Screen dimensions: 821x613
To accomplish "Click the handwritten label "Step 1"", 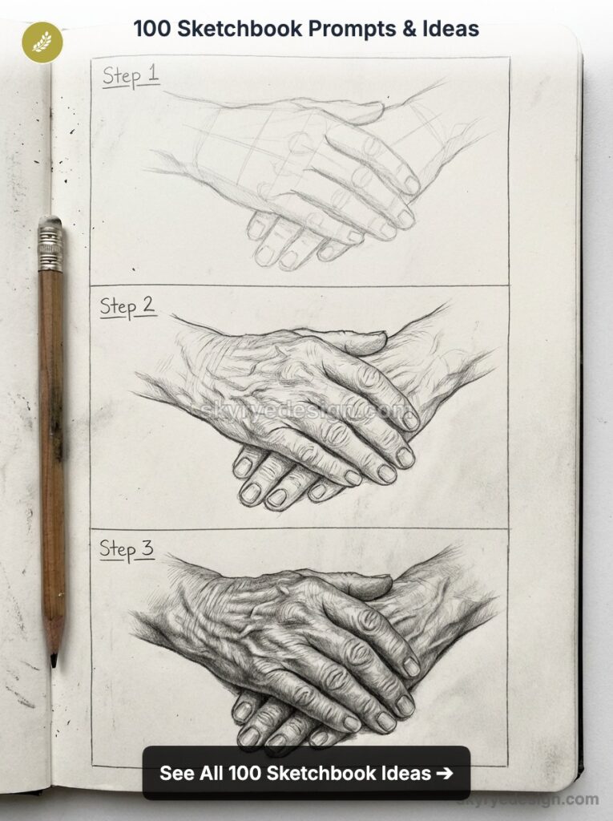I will [130, 76].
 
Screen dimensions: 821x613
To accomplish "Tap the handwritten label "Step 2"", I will [127, 306].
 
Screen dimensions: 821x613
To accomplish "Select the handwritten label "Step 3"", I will [127, 550].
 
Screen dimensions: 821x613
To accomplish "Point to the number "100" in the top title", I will [151, 29].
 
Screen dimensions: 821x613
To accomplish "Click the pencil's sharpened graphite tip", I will [54, 660].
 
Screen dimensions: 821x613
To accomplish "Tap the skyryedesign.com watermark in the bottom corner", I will [529, 799].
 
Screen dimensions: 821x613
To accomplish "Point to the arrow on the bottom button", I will [445, 774].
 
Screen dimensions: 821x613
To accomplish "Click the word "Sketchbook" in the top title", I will [245, 29].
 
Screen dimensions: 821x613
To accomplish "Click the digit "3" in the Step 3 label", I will [148, 549].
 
